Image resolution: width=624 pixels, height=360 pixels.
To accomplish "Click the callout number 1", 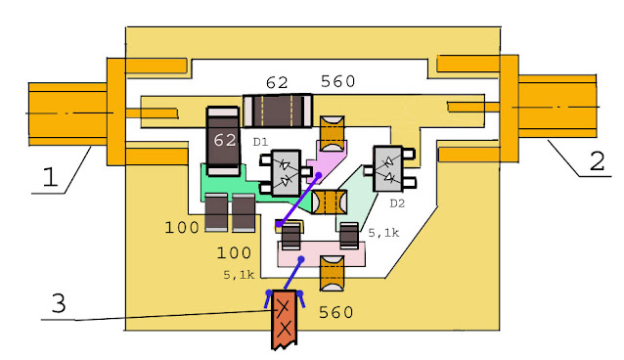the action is [50, 176].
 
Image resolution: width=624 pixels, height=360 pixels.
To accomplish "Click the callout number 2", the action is [597, 160].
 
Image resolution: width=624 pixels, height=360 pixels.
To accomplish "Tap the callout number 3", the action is [59, 302].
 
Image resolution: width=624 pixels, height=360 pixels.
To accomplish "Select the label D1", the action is [261, 142].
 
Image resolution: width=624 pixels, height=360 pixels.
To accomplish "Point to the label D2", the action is [397, 203].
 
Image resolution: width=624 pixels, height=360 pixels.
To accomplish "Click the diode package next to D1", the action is [286, 173].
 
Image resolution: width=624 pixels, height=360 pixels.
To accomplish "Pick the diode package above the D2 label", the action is [389, 168].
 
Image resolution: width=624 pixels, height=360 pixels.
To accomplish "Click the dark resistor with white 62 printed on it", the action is [223, 141].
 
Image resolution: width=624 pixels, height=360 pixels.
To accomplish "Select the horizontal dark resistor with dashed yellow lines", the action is [278, 112].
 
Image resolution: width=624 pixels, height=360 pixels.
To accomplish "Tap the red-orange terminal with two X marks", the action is [285, 319].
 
